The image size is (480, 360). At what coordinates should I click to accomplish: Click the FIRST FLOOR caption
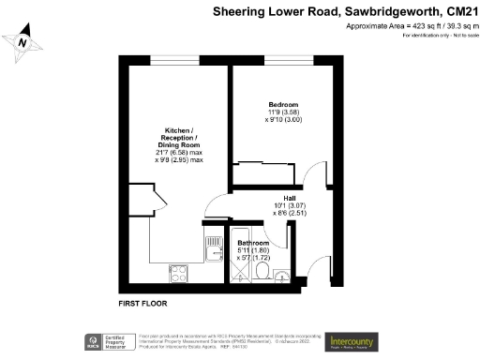pos(143,306)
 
